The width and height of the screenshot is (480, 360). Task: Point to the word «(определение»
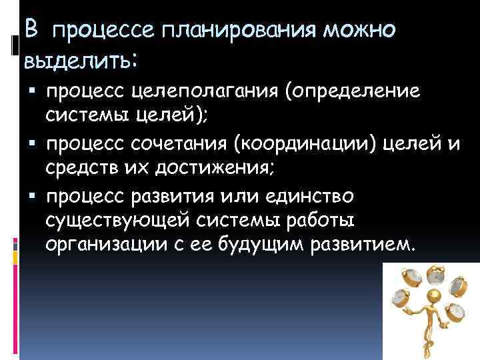353,93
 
